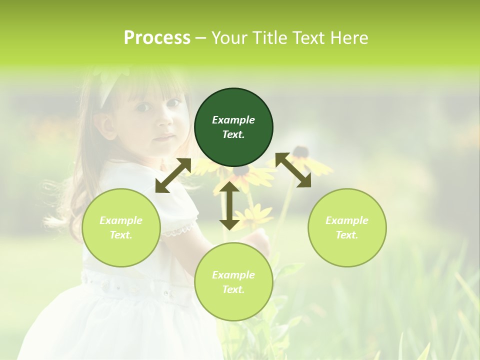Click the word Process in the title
157,38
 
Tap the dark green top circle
233,127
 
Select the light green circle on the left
121,227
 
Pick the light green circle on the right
347,227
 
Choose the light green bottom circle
233,282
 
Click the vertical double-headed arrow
229,205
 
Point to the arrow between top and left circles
173,175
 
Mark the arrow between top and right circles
293,170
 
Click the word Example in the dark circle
233,120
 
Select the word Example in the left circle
121,220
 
